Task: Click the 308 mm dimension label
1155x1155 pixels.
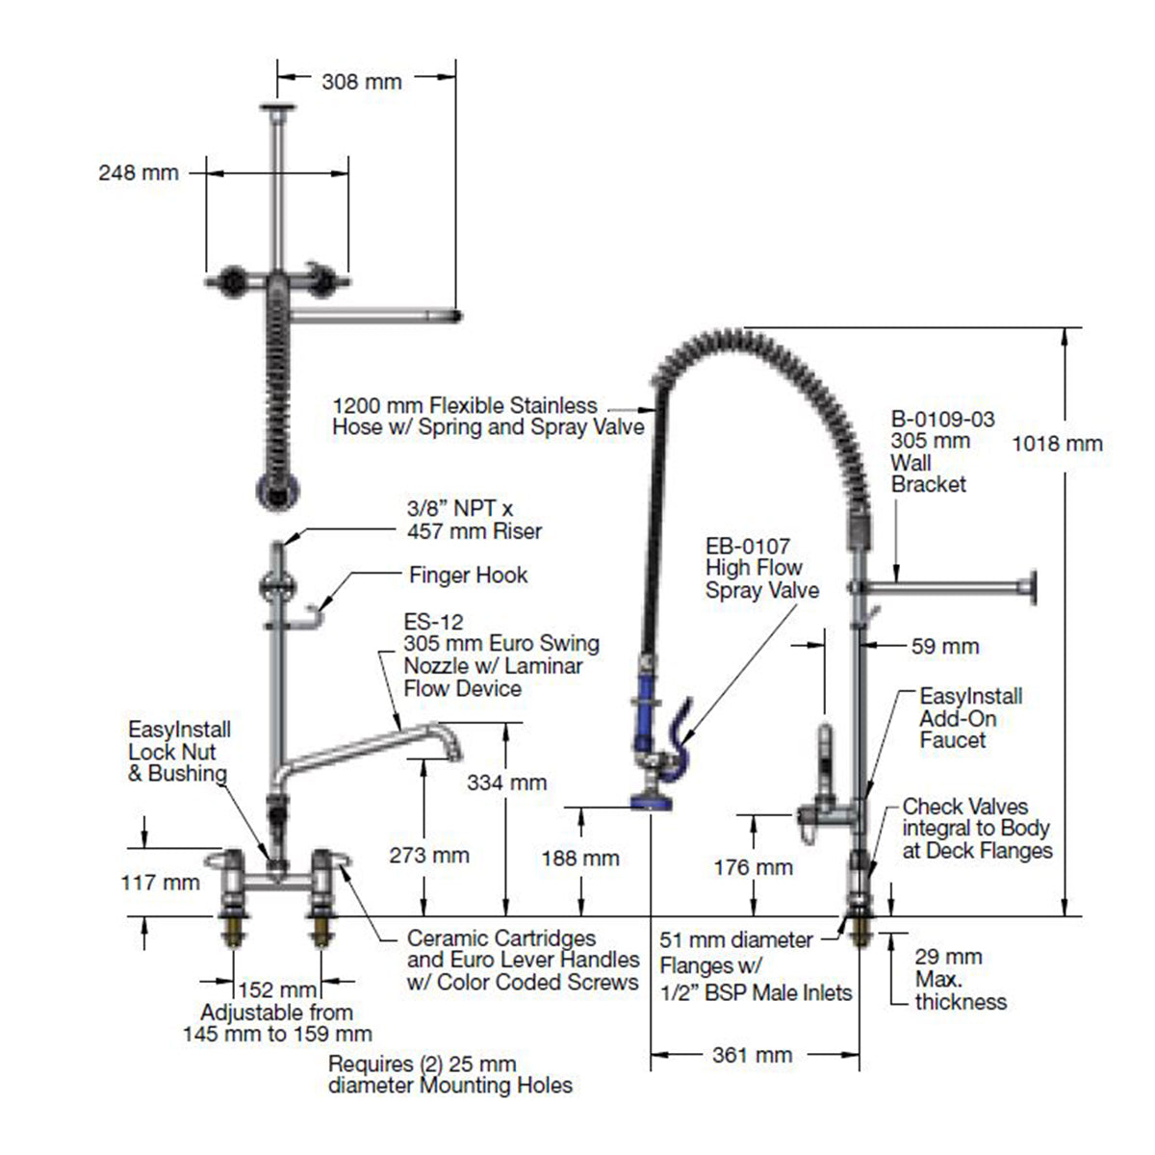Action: [x=361, y=82]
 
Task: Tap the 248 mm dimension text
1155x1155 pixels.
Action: [x=139, y=173]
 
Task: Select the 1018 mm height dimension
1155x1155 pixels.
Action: [x=1057, y=444]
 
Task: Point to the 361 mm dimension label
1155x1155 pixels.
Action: [x=752, y=1055]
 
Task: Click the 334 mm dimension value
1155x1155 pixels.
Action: [x=506, y=783]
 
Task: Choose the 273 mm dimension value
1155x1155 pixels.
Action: [x=429, y=855]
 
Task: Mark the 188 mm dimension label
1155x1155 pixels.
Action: [x=580, y=858]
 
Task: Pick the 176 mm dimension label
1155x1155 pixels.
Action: [x=753, y=867]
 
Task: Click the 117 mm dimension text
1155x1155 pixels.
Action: [x=161, y=882]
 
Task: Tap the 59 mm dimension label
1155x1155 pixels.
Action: [x=945, y=647]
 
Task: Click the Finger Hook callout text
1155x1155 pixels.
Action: [x=468, y=576]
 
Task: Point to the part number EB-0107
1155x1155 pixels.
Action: [x=748, y=547]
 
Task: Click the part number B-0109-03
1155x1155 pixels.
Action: [x=942, y=420]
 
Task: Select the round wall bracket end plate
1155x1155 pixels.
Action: [x=1034, y=586]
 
